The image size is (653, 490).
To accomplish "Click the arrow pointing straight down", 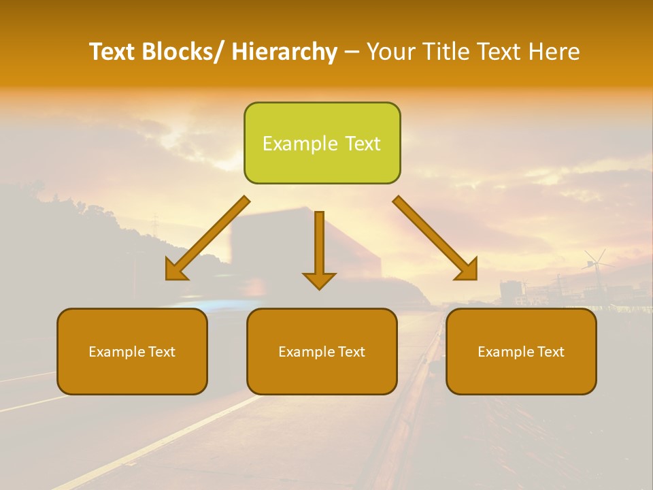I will [319, 245].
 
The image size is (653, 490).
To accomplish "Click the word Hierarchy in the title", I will [284, 52].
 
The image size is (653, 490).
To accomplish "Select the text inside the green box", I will [322, 144].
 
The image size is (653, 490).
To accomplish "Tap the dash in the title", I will [352, 52].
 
